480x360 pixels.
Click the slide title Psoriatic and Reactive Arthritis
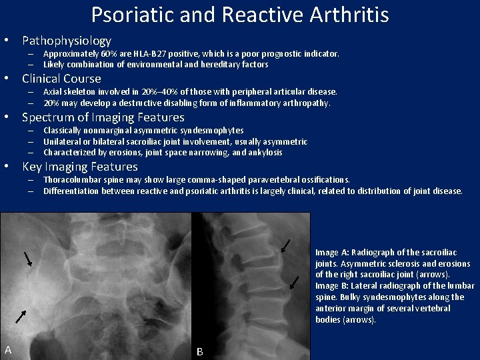point(240,15)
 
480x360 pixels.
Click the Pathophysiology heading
point(67,41)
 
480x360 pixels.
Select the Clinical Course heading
point(61,79)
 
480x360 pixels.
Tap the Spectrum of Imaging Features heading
point(103,117)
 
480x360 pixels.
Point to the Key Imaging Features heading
point(79,167)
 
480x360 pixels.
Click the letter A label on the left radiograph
point(8,349)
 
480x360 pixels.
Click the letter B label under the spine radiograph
point(199,351)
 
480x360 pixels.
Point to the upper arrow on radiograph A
point(28,259)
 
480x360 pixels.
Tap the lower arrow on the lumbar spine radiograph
point(294,283)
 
